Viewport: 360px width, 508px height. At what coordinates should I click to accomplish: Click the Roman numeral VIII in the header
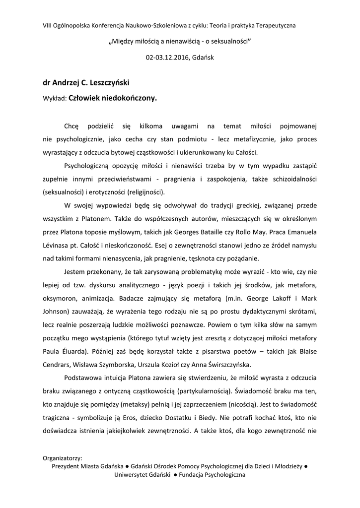pyautogui.click(x=49, y=25)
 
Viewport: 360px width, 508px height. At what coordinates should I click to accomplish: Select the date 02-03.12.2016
pyautogui.click(x=168, y=57)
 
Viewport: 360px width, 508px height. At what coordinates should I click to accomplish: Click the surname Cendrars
pyautogui.click(x=57, y=364)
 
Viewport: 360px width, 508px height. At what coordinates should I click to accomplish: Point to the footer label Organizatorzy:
pyautogui.click(x=63, y=458)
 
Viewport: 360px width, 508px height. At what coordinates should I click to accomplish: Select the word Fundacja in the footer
pyautogui.click(x=194, y=474)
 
